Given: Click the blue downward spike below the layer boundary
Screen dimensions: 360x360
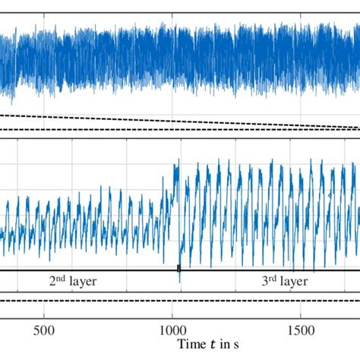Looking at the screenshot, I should point(180,278).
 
